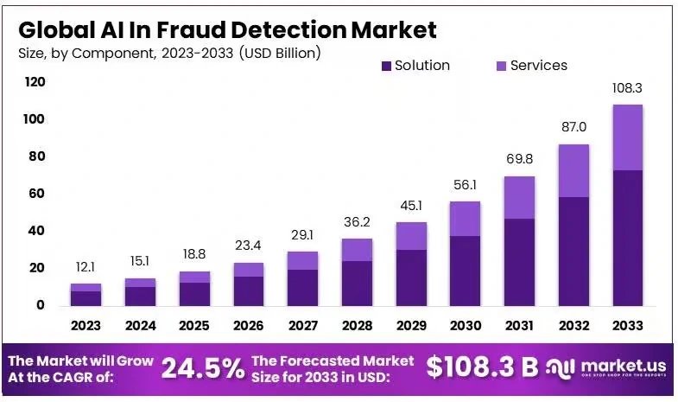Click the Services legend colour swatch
501,66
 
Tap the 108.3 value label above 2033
628,88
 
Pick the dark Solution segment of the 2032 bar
573,251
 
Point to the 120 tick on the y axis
35,82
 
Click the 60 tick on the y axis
35,194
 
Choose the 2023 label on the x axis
86,326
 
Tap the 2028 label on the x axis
357,326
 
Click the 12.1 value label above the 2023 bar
86,266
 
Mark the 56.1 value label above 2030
465,185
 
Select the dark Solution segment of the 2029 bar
411,277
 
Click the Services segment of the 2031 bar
519,197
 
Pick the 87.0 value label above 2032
573,127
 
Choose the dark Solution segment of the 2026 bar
248,290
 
